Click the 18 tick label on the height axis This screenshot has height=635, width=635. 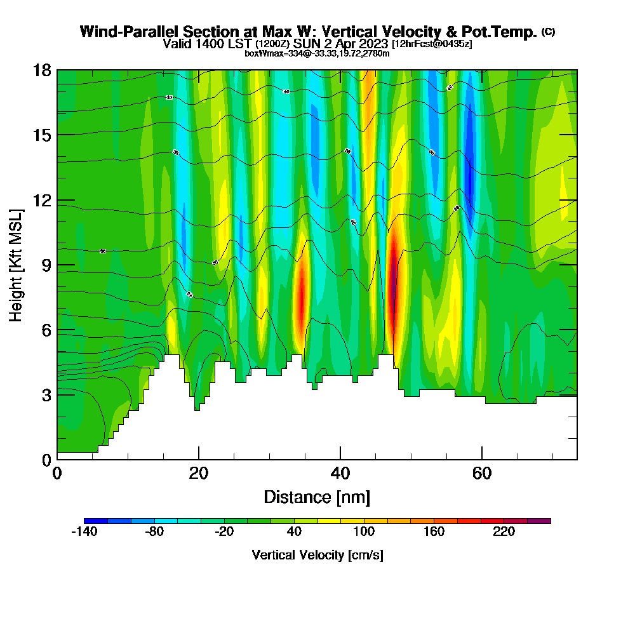(42, 70)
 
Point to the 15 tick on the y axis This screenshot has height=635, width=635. (42, 135)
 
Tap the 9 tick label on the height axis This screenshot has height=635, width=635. (46, 265)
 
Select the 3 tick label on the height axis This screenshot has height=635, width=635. (46, 395)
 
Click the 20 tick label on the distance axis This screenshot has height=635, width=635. (199, 473)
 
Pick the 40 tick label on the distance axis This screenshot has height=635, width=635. (340, 473)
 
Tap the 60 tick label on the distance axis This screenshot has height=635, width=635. (482, 473)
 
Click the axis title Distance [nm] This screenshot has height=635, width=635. (317, 497)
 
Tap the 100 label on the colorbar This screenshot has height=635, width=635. (364, 532)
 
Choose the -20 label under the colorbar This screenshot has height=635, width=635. (224, 532)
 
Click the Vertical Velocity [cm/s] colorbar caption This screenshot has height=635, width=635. (317, 555)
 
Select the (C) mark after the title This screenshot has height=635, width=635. (548, 31)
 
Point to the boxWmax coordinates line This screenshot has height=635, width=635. (317, 53)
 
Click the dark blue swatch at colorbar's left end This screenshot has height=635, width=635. (96, 521)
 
